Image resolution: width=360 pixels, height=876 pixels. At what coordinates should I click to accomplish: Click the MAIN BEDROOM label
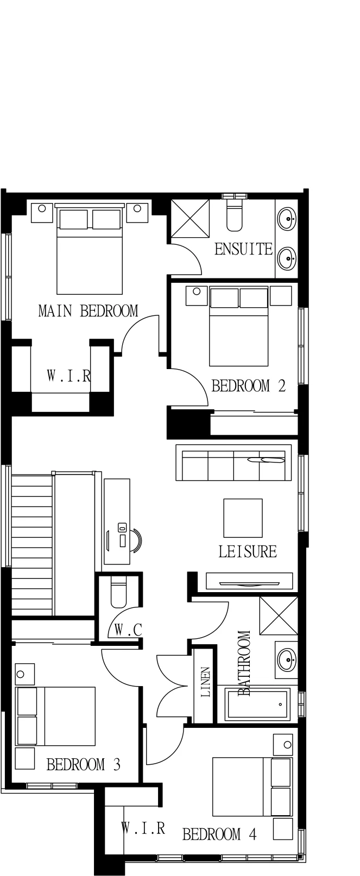[89, 311]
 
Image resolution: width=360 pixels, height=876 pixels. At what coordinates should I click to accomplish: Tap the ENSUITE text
[243, 249]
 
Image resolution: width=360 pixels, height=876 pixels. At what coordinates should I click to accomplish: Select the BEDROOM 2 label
[249, 386]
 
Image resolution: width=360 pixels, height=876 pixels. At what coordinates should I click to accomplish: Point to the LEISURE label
[247, 551]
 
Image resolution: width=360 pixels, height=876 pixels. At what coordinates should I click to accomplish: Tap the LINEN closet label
[205, 682]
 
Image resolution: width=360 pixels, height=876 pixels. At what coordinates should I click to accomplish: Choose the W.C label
[128, 630]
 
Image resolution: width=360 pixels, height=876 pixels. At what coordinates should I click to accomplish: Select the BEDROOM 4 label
[219, 835]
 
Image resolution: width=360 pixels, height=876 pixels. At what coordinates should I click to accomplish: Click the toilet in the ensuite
[235, 215]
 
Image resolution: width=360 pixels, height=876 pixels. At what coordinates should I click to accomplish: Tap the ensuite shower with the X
[190, 218]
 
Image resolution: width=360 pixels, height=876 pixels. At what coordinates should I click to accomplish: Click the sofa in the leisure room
[233, 462]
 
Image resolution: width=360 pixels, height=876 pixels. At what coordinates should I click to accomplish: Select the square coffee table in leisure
[243, 518]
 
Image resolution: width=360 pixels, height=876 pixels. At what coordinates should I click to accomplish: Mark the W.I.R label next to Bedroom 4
[143, 828]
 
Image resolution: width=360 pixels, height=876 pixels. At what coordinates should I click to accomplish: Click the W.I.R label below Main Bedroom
[69, 376]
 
